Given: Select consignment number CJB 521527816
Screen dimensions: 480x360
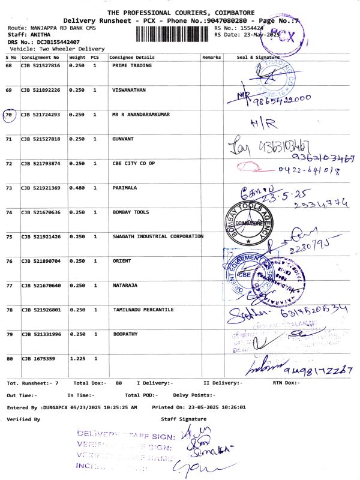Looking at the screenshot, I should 41,65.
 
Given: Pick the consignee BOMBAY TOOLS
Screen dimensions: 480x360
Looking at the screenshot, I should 130,212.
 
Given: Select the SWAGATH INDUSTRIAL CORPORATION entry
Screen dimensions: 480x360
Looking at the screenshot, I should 158,236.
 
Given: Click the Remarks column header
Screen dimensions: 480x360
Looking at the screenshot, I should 212,57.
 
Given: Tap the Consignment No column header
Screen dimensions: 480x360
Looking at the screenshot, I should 40,57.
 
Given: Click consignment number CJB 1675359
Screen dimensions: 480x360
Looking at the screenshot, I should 38,359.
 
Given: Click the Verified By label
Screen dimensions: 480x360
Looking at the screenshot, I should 23,419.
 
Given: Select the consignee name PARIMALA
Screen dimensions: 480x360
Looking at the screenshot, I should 125,188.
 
